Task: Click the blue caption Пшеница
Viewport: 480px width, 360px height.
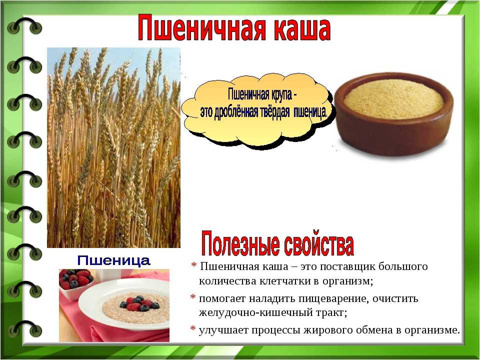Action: pos(113,260)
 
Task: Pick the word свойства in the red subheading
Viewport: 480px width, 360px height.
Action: pos(318,244)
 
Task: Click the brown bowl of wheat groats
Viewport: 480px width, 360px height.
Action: pos(393,114)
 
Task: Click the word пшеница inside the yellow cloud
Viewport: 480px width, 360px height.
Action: pos(310,112)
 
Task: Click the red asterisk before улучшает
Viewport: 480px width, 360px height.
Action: pos(193,329)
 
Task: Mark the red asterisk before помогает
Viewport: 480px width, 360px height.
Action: pos(193,297)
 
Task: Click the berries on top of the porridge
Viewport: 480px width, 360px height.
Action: pos(139,303)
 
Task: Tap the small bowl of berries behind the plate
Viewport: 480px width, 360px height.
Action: pos(76,283)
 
